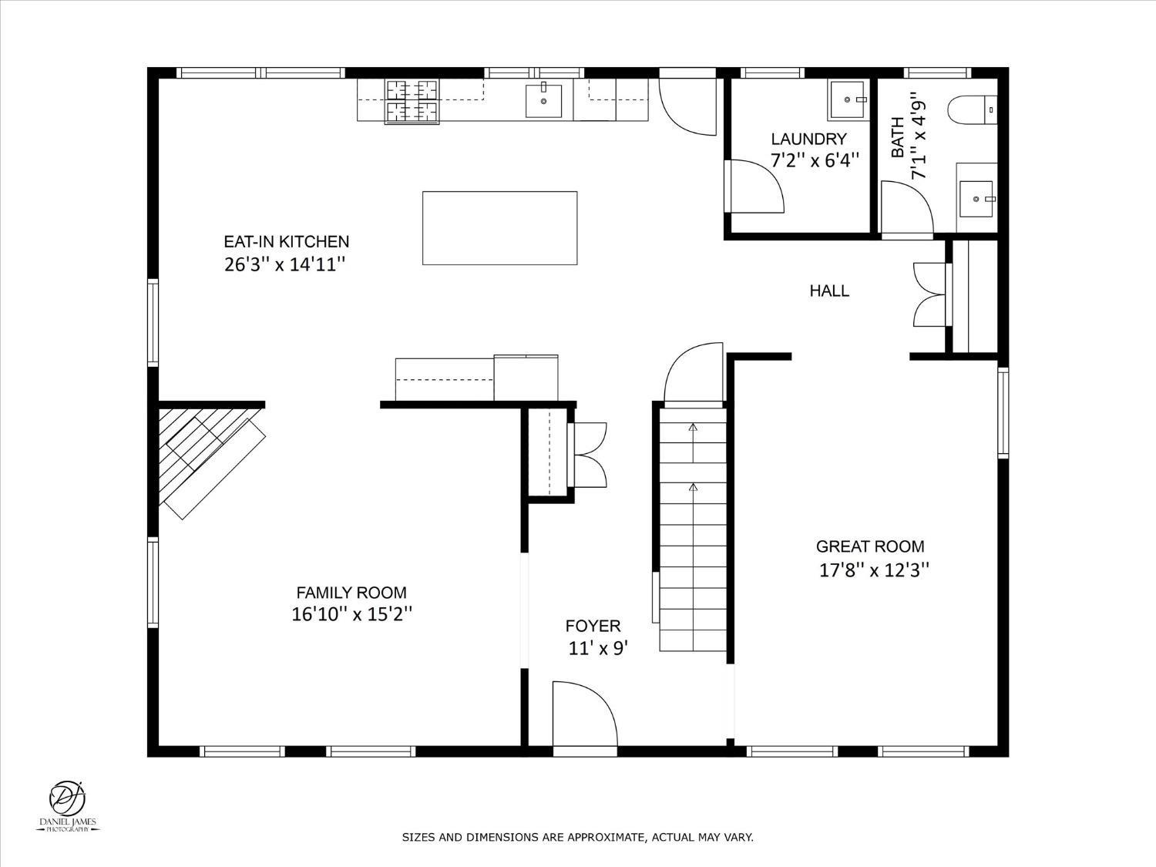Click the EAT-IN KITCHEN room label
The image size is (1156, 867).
(x=287, y=242)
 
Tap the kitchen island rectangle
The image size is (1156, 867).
(x=499, y=228)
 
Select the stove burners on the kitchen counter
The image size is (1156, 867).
(x=412, y=102)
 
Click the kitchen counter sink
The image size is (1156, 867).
(x=543, y=100)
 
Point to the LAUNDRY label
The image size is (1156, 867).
(x=809, y=139)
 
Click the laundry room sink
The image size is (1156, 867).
(x=848, y=99)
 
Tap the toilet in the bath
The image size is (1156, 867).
(x=973, y=110)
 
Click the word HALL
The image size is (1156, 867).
(x=829, y=291)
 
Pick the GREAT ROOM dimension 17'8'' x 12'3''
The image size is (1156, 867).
(x=874, y=570)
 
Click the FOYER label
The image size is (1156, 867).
(x=593, y=626)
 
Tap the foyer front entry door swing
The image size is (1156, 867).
(x=585, y=714)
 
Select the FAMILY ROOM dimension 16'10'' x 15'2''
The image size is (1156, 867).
(x=351, y=613)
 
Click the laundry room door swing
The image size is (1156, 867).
(x=754, y=187)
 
